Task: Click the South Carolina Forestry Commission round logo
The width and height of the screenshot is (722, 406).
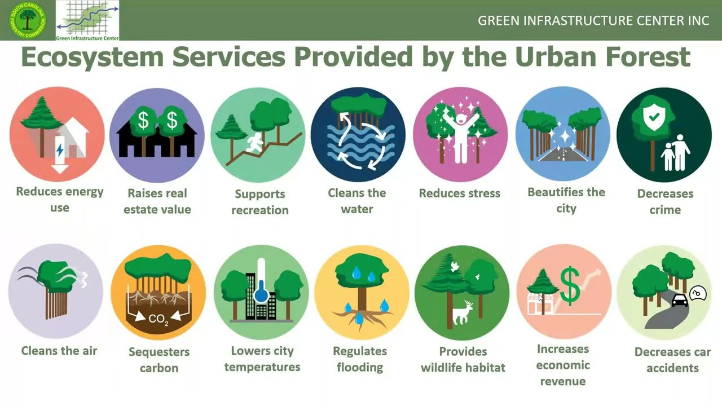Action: point(27,20)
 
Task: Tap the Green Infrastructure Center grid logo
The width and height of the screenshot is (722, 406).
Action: point(87,20)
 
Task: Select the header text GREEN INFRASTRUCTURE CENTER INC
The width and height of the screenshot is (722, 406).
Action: point(593,20)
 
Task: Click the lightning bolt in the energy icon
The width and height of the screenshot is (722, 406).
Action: point(60,150)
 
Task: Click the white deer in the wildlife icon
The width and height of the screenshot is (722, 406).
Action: point(464,312)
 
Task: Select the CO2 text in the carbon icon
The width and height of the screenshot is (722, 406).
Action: point(159,320)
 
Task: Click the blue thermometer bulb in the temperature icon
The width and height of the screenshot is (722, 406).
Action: point(261,295)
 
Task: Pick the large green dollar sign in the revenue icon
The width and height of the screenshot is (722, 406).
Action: point(570,286)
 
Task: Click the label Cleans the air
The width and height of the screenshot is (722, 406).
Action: point(59,351)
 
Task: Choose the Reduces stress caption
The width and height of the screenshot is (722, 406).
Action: point(459,193)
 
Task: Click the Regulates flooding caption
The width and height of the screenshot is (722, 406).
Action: point(360,359)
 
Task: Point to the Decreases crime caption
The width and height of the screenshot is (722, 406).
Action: point(665,201)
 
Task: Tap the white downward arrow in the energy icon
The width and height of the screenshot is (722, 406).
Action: point(60,167)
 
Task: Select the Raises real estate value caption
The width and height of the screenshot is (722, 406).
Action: point(157,201)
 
